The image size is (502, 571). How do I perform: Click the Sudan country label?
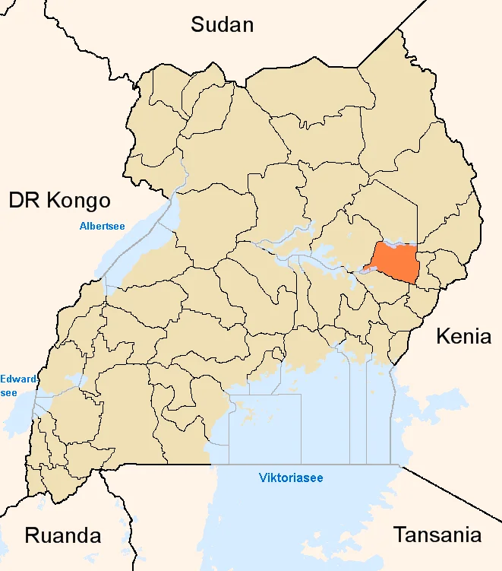click(x=222, y=24)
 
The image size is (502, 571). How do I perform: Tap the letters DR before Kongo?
click(x=23, y=201)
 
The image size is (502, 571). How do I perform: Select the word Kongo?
click(x=78, y=201)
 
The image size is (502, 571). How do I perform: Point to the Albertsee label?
click(x=102, y=226)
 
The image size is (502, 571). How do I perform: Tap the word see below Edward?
click(x=8, y=392)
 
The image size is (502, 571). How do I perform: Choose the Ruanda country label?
click(x=63, y=535)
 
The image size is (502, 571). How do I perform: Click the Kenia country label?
click(x=463, y=336)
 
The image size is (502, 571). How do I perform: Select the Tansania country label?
click(x=437, y=535)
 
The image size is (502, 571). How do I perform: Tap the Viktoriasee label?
click(x=291, y=478)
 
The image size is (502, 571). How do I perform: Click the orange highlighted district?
click(x=395, y=262)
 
